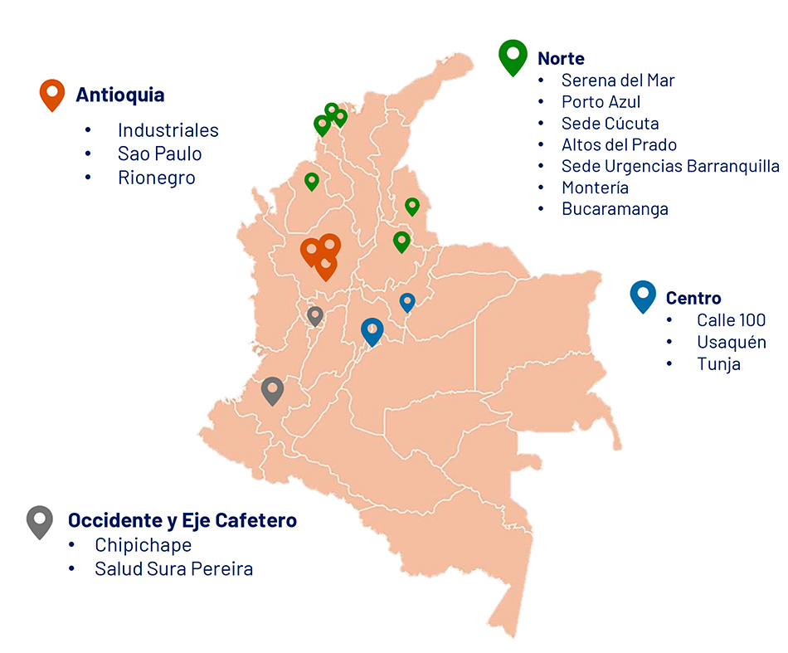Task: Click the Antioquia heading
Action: coord(119,95)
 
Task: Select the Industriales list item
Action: coord(168,130)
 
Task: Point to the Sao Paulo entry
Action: coord(159,154)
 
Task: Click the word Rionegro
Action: coord(156,178)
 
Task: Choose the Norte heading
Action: coord(561,58)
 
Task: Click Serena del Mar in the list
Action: coord(618,80)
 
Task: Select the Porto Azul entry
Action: coord(601,102)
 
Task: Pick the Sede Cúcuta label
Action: coord(610,124)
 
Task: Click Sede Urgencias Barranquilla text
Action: coord(670,166)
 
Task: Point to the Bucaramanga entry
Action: coord(615,209)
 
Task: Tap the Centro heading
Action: coord(693,298)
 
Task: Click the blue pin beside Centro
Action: coord(643,295)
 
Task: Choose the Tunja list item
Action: coord(718,363)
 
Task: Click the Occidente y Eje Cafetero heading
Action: coord(182,520)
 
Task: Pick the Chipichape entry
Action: coord(143,545)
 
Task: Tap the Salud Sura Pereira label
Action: coord(173,568)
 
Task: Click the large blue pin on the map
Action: coord(372,330)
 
